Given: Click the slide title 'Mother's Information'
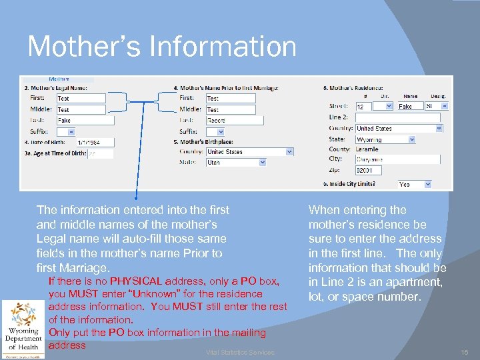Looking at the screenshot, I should pos(162,47).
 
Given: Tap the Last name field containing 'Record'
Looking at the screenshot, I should pos(234,121).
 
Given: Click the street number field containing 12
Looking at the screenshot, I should pos(363,106).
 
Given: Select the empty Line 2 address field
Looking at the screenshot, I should pos(397,117).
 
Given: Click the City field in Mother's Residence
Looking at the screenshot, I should pos(397,159).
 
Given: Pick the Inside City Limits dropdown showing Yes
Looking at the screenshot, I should pos(414,184).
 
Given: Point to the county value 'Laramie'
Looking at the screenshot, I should pos(368,149).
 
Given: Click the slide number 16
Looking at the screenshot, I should pos(464,351).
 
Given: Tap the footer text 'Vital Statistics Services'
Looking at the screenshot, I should pos(240,352).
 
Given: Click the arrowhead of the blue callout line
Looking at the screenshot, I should pos(135,198).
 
